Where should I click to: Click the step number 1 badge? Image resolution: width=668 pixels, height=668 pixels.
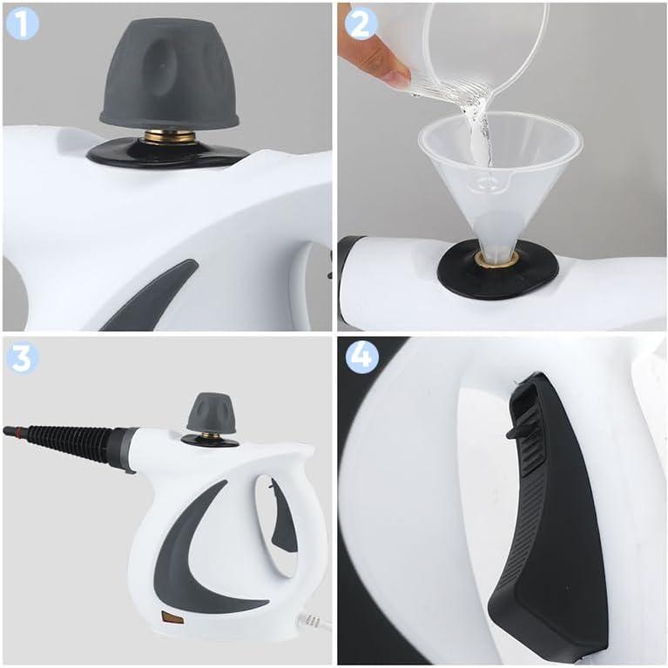click(23, 24)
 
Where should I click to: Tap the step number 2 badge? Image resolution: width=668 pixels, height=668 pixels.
click(361, 24)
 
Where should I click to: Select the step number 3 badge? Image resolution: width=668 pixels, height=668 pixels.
click(23, 359)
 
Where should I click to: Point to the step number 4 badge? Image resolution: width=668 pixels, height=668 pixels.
click(361, 357)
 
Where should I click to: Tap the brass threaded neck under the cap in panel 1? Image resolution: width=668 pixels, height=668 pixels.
click(170, 138)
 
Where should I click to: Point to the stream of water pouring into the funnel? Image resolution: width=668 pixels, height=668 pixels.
click(479, 132)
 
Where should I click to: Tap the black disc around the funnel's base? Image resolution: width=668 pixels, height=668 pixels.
click(498, 271)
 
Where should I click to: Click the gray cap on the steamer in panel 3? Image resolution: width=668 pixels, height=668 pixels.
click(211, 413)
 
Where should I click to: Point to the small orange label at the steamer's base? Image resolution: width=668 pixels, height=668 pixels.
click(172, 617)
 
